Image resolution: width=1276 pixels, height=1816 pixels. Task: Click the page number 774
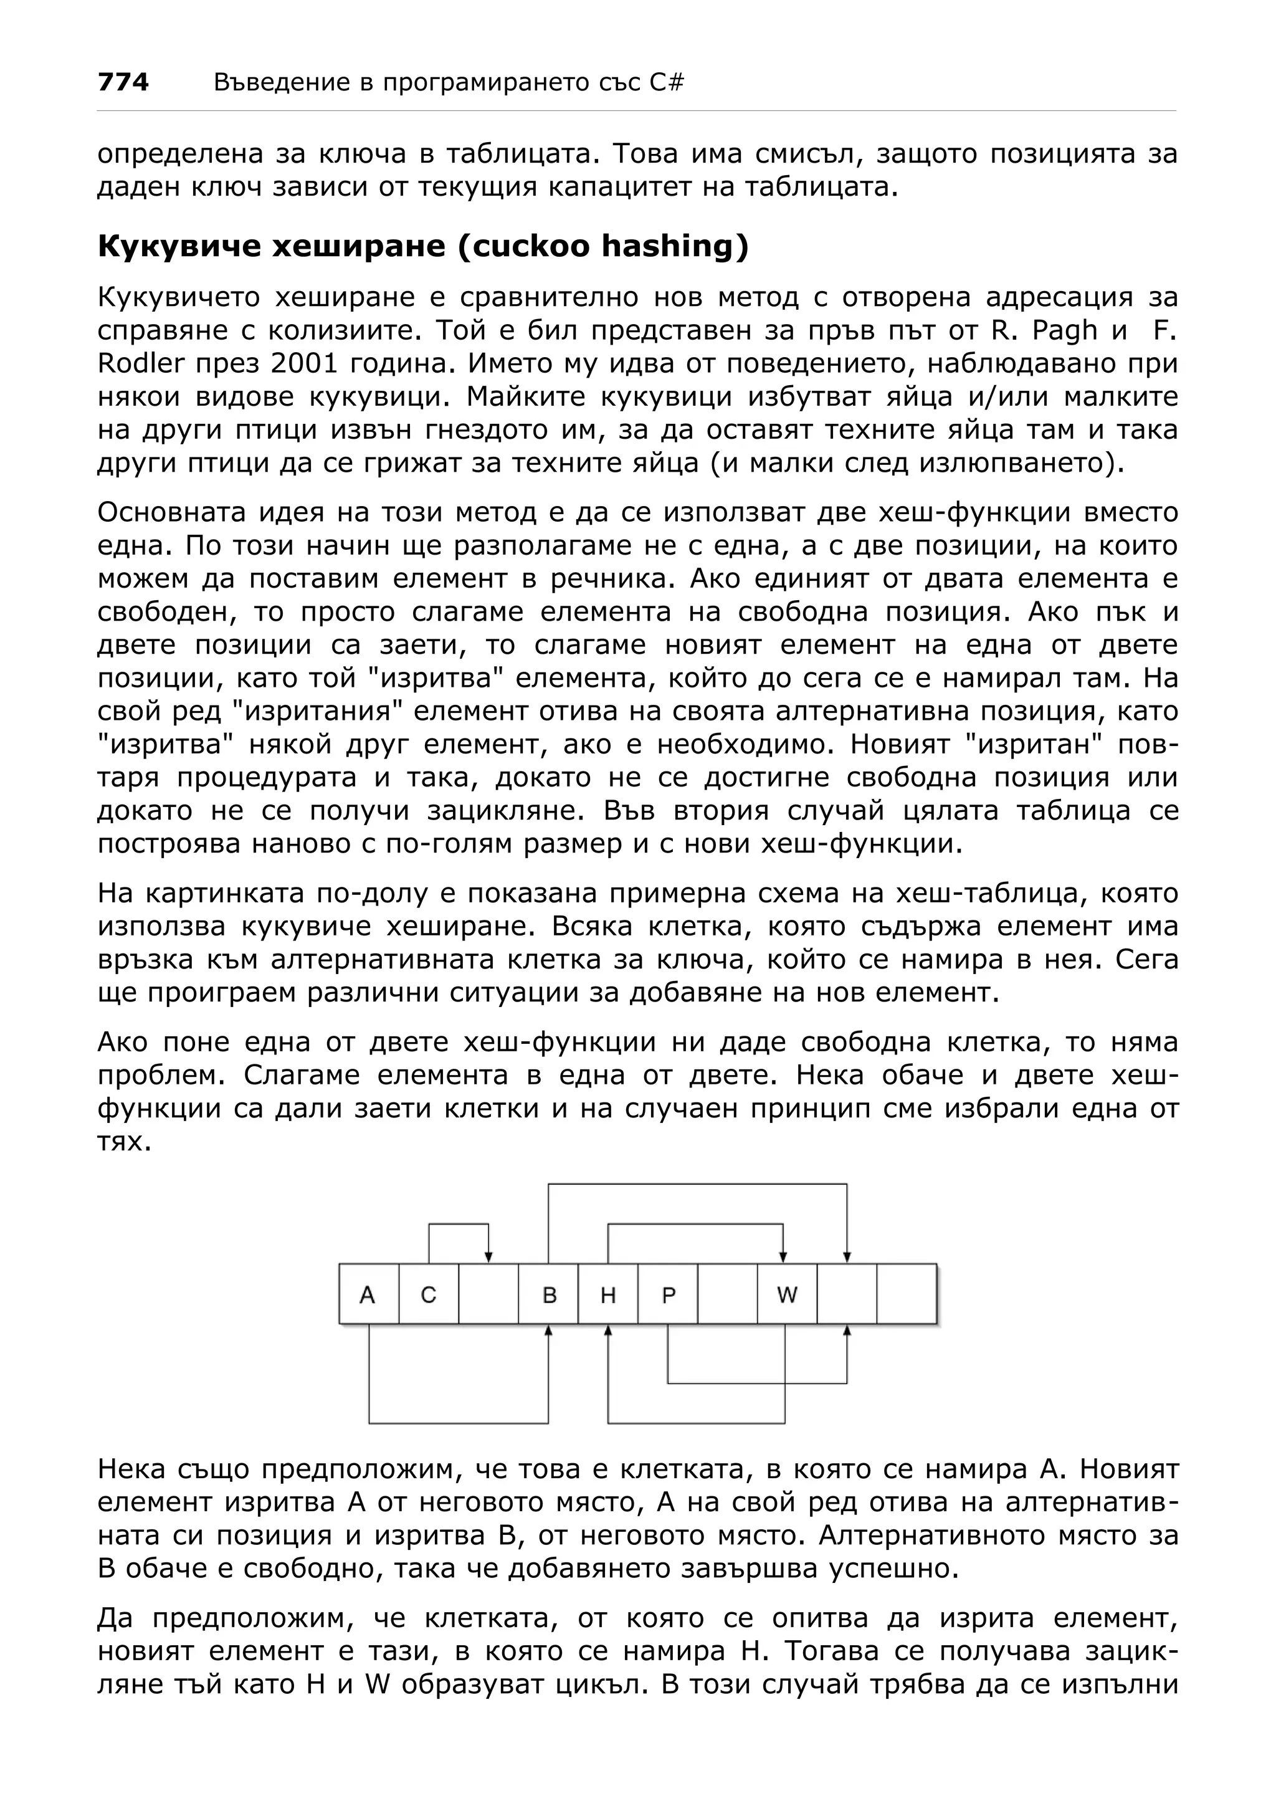tap(123, 82)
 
